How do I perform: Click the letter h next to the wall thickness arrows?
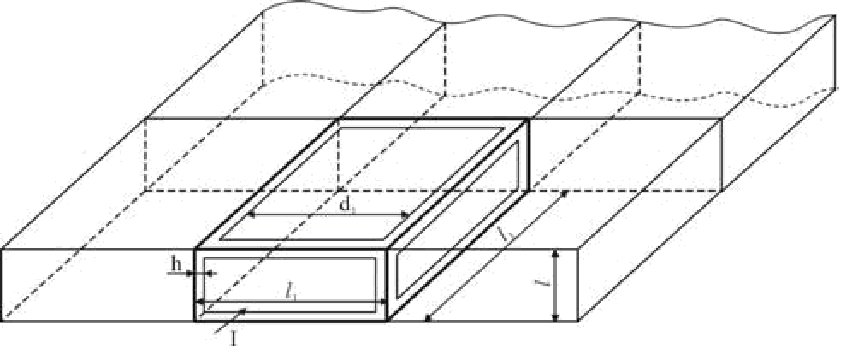click(177, 264)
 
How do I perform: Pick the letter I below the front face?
click(233, 339)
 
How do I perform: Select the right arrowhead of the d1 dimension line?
click(409, 216)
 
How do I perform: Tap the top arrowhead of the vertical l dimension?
click(556, 252)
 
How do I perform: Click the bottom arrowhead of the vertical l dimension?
click(556, 318)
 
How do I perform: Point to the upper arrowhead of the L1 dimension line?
click(565, 194)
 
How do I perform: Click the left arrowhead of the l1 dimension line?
click(200, 301)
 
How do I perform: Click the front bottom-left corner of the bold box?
click(196, 321)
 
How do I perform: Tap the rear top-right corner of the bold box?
click(529, 120)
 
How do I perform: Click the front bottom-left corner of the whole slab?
click(3, 321)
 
